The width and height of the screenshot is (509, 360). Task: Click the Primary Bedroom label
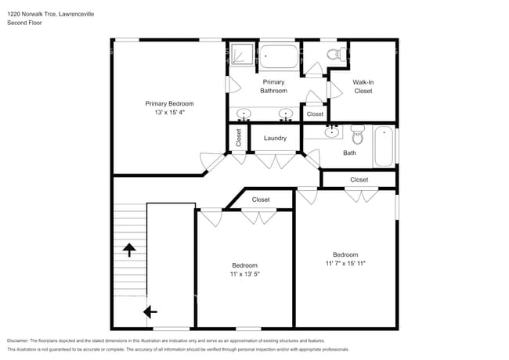(x=169, y=103)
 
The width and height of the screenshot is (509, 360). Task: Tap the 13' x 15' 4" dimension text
(x=169, y=113)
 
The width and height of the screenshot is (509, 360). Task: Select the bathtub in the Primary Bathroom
(x=278, y=58)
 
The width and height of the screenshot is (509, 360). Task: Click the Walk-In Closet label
(x=363, y=86)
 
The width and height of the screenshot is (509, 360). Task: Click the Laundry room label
(x=274, y=139)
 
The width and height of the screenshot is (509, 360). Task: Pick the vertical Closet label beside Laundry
(x=238, y=138)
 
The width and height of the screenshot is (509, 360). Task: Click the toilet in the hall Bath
(x=358, y=134)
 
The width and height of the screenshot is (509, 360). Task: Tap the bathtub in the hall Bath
(x=384, y=146)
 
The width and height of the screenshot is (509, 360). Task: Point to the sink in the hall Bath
(x=334, y=132)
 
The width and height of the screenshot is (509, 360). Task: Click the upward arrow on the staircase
(x=128, y=250)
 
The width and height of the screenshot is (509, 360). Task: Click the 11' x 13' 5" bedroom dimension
(x=244, y=275)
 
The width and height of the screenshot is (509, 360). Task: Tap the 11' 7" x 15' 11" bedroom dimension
(x=345, y=264)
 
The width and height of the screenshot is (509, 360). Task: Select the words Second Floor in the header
(x=24, y=23)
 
